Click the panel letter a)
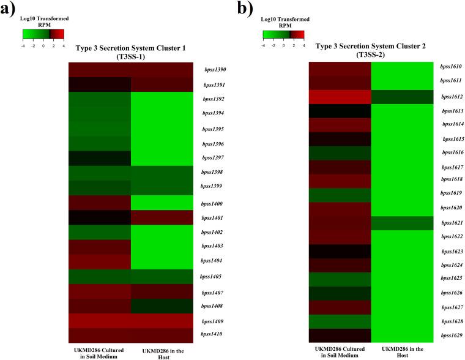pos(10,10)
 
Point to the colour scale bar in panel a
pos(43,34)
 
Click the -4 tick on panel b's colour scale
pos(264,45)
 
